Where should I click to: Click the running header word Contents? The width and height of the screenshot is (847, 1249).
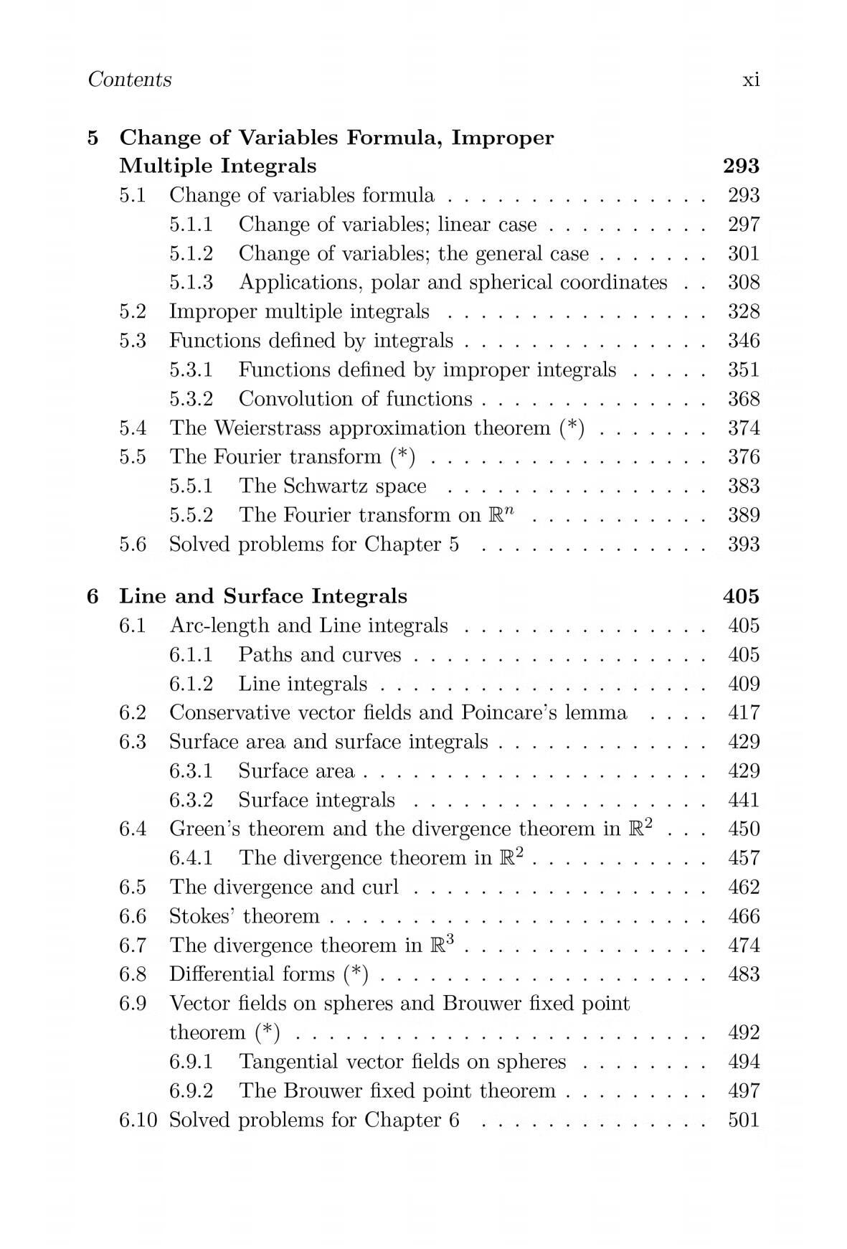(x=129, y=79)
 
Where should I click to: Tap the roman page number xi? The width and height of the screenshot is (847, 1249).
(x=751, y=80)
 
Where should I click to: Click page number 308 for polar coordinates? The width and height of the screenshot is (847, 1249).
(x=744, y=283)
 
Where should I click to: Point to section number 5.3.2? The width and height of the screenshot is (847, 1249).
(x=191, y=399)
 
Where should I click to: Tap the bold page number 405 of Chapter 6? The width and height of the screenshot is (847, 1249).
(x=741, y=597)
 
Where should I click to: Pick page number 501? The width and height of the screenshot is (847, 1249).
(x=744, y=1120)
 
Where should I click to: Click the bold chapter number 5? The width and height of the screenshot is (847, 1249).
(x=93, y=138)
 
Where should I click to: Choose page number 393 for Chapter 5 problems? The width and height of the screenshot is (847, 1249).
(x=744, y=545)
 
